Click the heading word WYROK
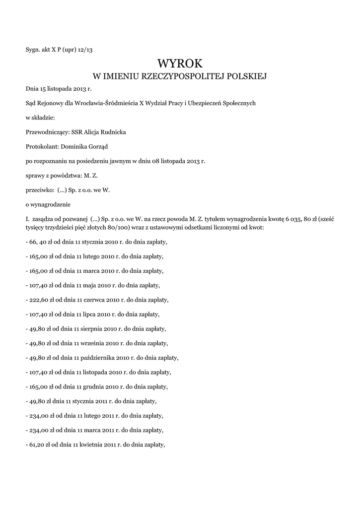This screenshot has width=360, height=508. click(x=180, y=63)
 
